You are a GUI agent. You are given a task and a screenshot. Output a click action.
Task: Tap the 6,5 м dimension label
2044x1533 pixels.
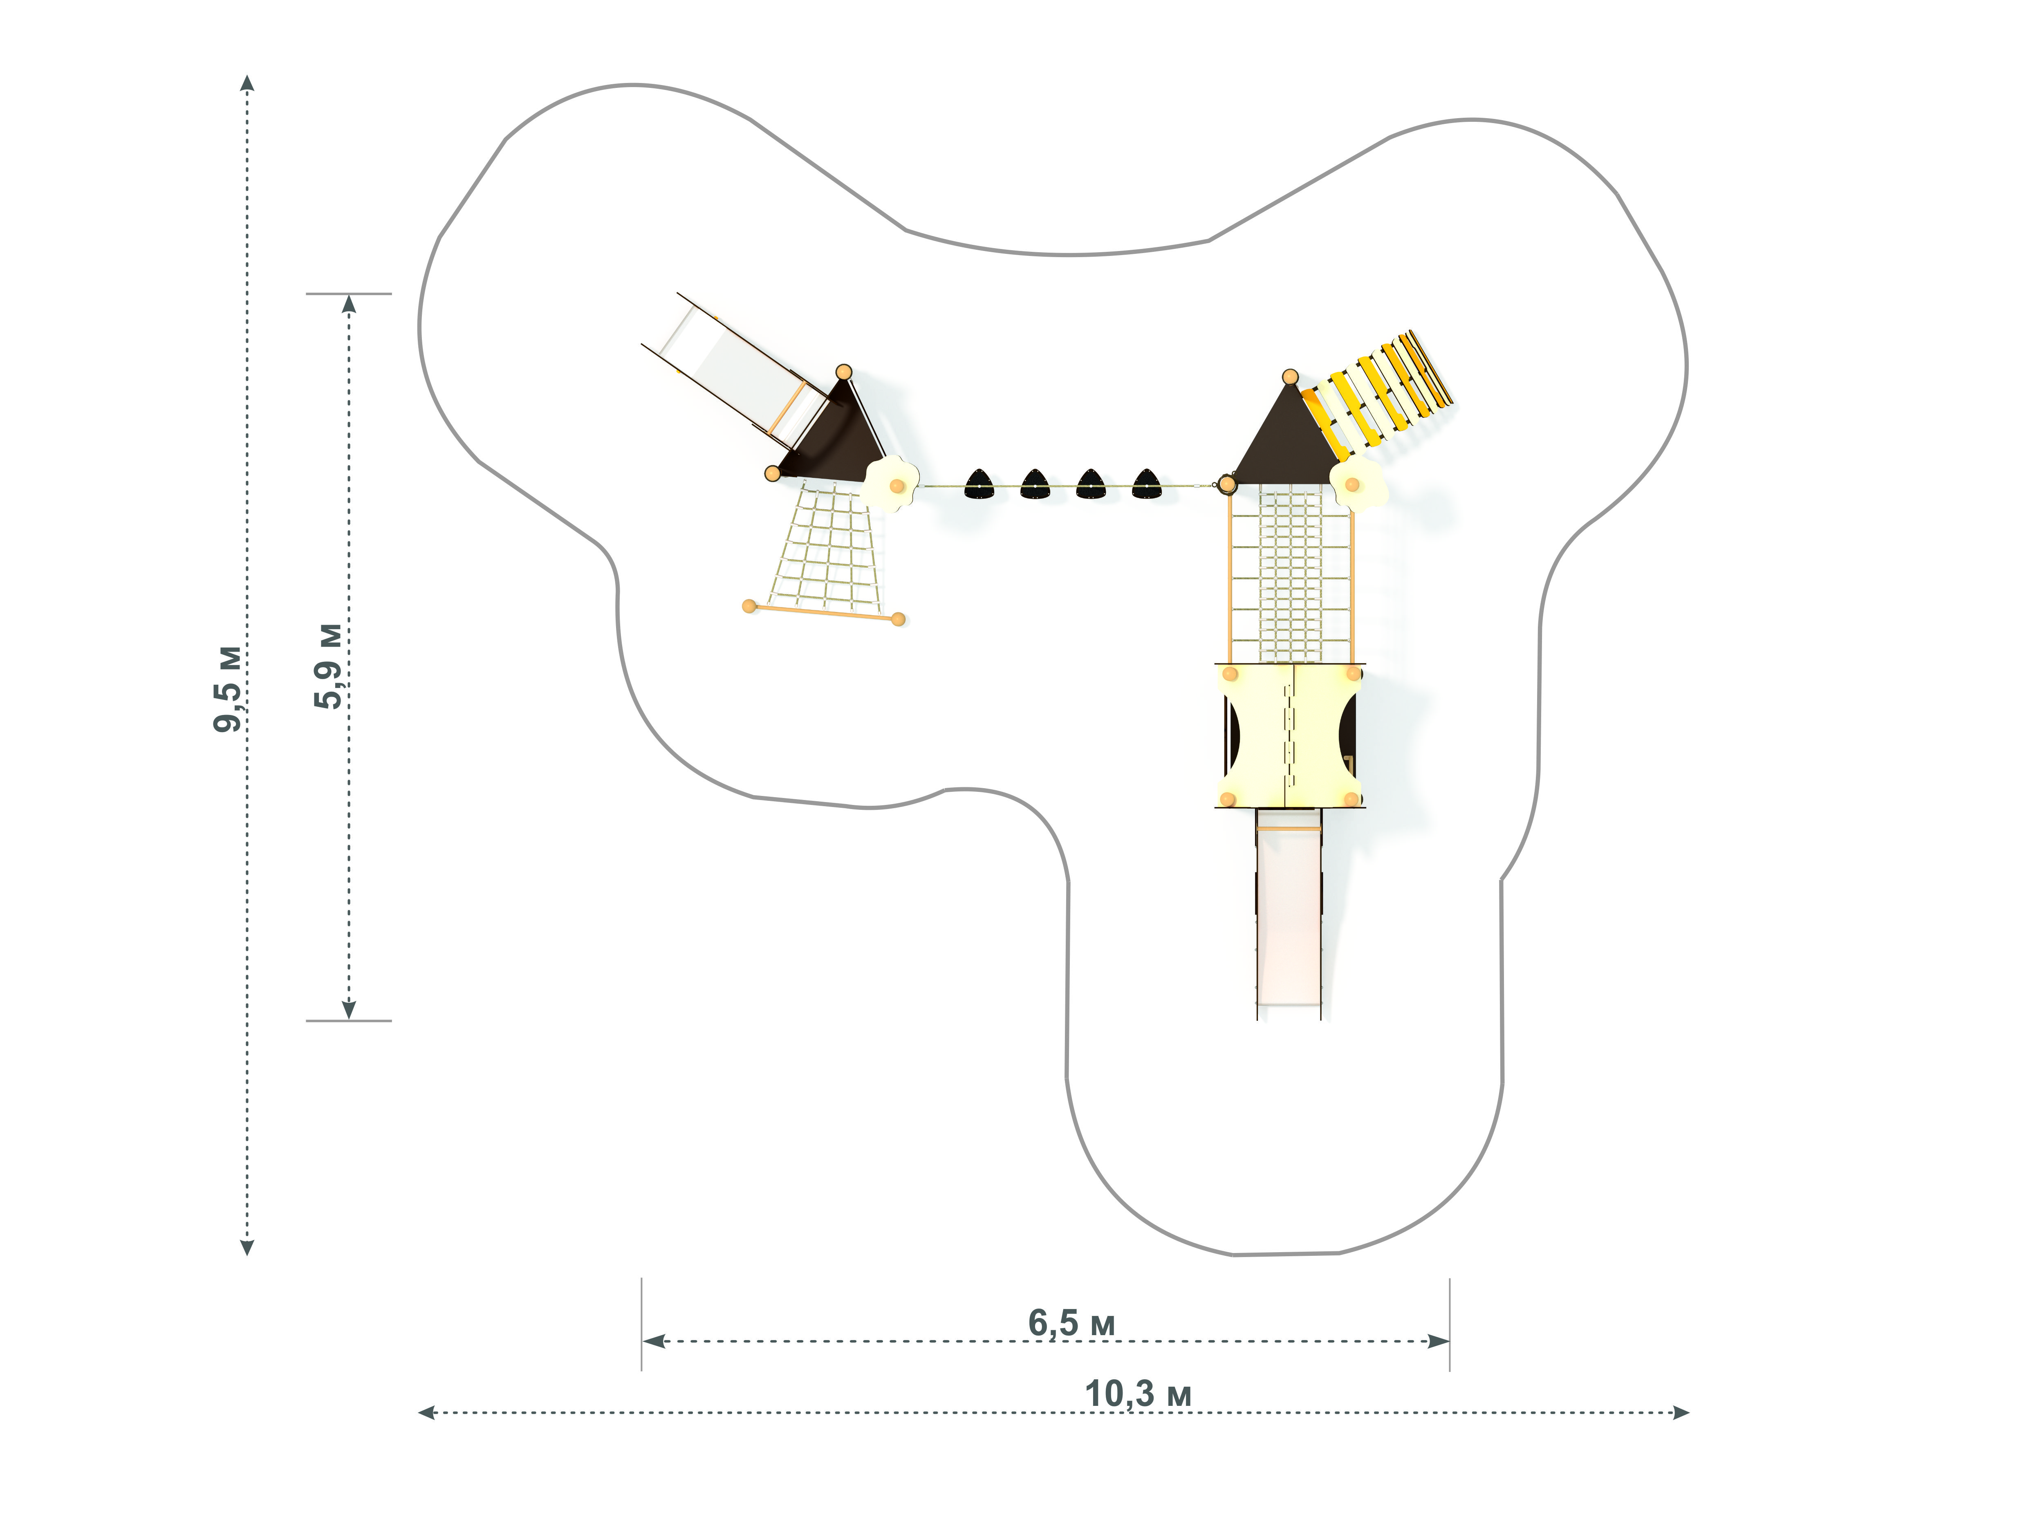tap(1072, 1322)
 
